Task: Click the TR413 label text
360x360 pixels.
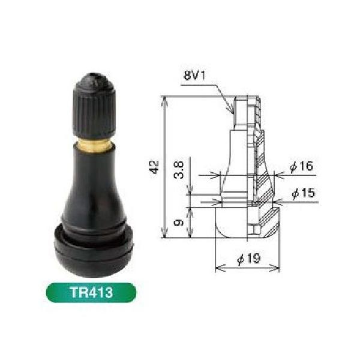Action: point(91,293)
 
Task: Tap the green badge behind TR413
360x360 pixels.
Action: point(91,293)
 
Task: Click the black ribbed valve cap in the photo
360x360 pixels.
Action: point(94,106)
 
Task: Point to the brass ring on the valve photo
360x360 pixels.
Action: point(94,145)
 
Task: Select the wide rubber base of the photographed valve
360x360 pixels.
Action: point(94,250)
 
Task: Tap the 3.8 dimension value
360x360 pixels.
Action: point(179,170)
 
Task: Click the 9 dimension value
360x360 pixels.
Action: point(179,222)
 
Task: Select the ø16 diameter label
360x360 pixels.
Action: point(301,166)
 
